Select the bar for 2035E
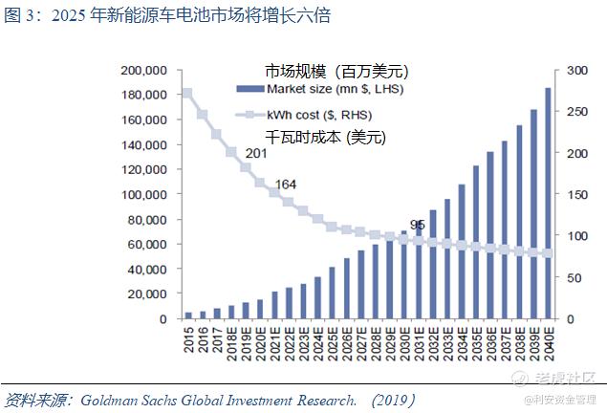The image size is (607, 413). (475, 243)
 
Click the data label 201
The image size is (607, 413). (256, 153)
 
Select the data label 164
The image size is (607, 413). (286, 185)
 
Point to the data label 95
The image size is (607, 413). (417, 226)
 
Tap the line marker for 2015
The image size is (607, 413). (187, 94)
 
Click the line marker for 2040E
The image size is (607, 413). (548, 253)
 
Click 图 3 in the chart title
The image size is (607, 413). (21, 15)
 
